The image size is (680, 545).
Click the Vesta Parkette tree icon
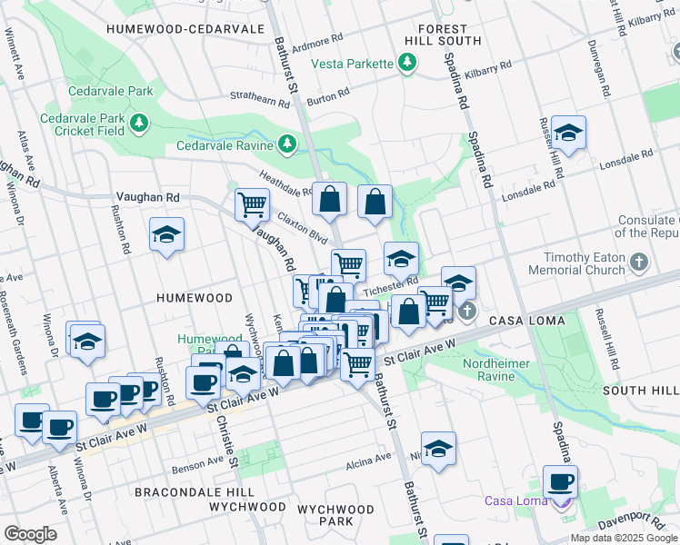(x=408, y=63)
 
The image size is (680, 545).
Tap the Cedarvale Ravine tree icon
(x=287, y=144)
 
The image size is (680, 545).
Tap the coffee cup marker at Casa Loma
(x=560, y=481)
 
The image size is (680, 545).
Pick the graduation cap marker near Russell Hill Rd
(x=568, y=134)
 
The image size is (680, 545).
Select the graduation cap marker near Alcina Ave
(x=438, y=449)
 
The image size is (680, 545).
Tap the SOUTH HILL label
(x=639, y=390)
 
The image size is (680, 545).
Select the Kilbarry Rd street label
(x=488, y=67)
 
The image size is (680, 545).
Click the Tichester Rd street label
(x=390, y=286)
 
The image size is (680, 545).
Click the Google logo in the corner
(x=30, y=534)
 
